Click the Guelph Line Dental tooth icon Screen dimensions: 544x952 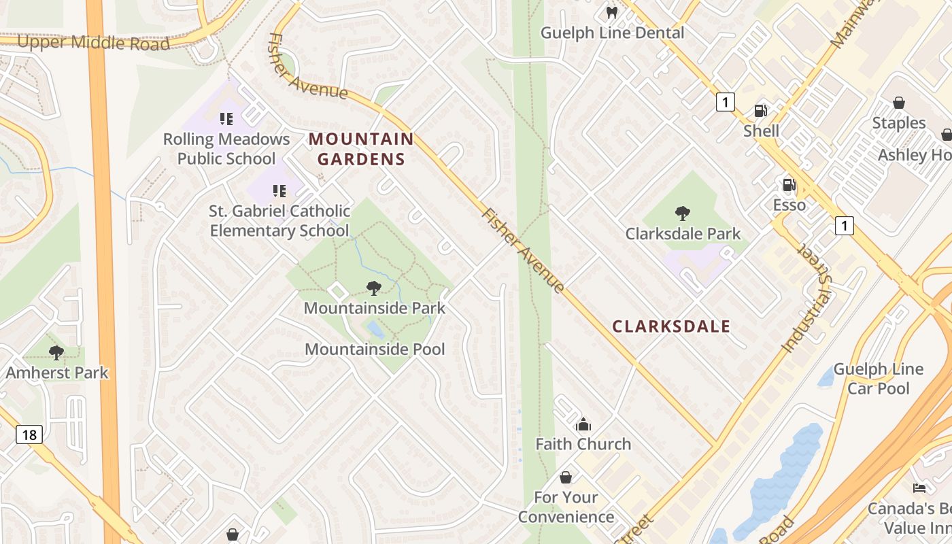(611, 12)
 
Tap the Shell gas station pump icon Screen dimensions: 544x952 (760, 110)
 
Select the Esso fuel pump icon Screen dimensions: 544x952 (789, 184)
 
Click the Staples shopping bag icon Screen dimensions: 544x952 (899, 103)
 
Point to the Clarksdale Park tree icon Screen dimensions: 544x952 (682, 214)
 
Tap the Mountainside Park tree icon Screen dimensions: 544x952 (373, 288)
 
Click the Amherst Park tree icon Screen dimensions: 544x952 (56, 352)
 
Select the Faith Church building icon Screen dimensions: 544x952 (583, 425)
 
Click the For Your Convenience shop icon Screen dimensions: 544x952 (566, 477)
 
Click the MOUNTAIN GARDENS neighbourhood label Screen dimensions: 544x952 (361, 150)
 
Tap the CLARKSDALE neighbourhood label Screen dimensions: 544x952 (671, 326)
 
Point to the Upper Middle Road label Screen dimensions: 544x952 (93, 42)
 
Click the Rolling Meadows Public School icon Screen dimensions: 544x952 (226, 119)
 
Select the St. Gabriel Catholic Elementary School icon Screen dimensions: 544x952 (279, 191)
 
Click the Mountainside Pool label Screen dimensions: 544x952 (375, 350)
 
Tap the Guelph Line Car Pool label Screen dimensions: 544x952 (878, 379)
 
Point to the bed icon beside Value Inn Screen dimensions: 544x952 (919, 488)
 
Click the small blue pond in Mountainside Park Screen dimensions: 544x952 (375, 330)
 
